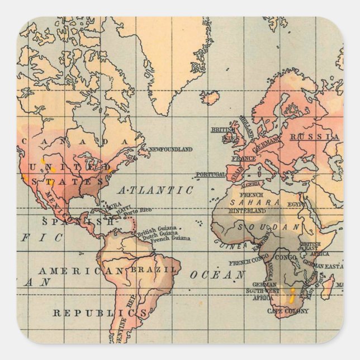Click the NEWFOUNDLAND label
[171, 149]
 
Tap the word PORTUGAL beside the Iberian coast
[211, 174]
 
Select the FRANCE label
[243, 158]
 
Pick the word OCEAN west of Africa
[217, 274]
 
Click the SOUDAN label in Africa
[269, 228]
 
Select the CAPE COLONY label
[286, 311]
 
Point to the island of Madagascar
[328, 286]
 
